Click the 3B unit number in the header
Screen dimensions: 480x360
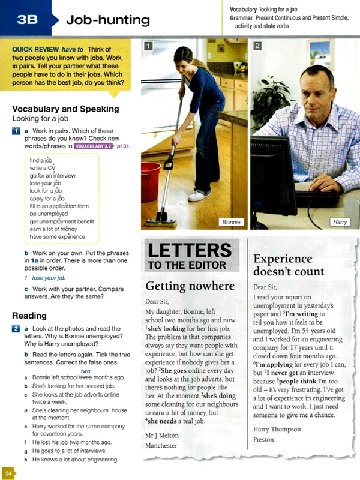(x=27, y=20)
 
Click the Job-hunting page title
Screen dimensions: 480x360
(x=108, y=20)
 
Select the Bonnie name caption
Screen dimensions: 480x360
(x=231, y=222)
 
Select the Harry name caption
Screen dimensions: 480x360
(x=339, y=222)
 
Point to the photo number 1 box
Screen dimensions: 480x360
(x=148, y=46)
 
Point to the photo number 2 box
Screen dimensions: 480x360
(x=257, y=46)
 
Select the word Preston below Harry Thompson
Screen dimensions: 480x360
(x=264, y=439)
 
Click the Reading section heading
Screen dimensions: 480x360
(x=29, y=316)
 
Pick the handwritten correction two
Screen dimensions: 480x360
(x=85, y=371)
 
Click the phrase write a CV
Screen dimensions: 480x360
(x=43, y=169)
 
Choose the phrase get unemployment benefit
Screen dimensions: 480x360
(x=62, y=221)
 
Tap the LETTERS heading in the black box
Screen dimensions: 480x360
(x=190, y=250)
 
